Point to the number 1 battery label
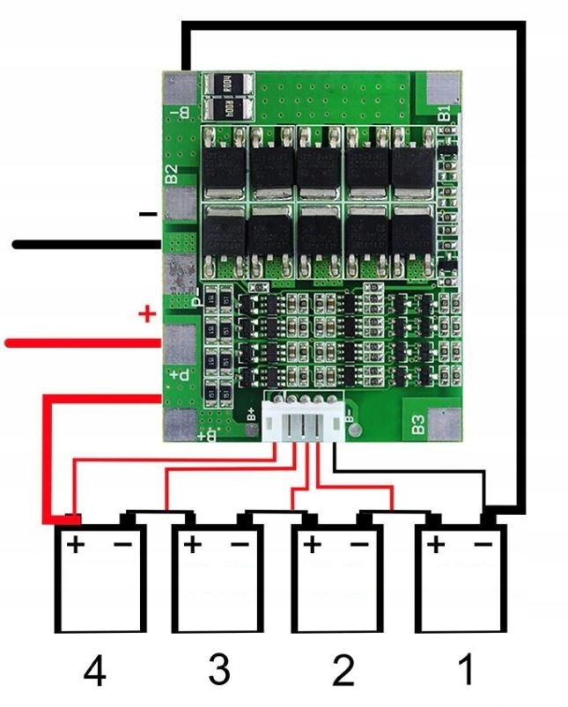tap(463, 671)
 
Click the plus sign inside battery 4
tap(77, 545)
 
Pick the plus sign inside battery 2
tap(313, 545)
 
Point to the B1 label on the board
tap(444, 113)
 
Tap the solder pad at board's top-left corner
tap(180, 86)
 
